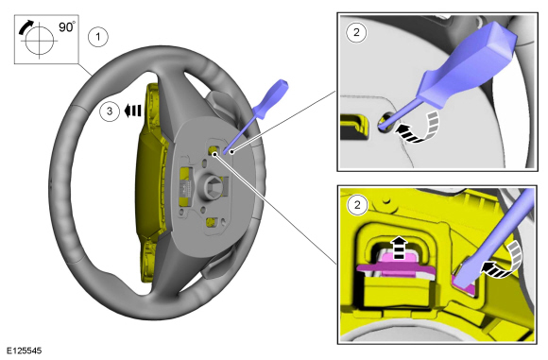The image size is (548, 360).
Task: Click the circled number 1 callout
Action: click(98, 37)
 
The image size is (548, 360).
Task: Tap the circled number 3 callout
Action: click(110, 111)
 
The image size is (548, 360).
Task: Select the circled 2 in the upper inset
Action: click(356, 32)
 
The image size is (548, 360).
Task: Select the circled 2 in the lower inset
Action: click(357, 205)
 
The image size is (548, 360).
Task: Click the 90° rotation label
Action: click(67, 27)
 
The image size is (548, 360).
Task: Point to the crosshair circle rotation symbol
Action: click(39, 41)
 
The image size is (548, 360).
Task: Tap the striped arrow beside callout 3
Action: click(133, 111)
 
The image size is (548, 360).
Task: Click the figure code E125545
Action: click(25, 351)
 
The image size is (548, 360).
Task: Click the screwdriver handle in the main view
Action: click(270, 99)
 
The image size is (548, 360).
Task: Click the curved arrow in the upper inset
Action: click(420, 129)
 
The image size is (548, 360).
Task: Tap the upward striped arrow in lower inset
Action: click(399, 248)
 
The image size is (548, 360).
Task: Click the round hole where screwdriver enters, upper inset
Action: click(385, 123)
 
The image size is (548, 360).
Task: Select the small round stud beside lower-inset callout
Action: click(385, 200)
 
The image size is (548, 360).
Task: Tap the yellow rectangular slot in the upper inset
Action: click(354, 127)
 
